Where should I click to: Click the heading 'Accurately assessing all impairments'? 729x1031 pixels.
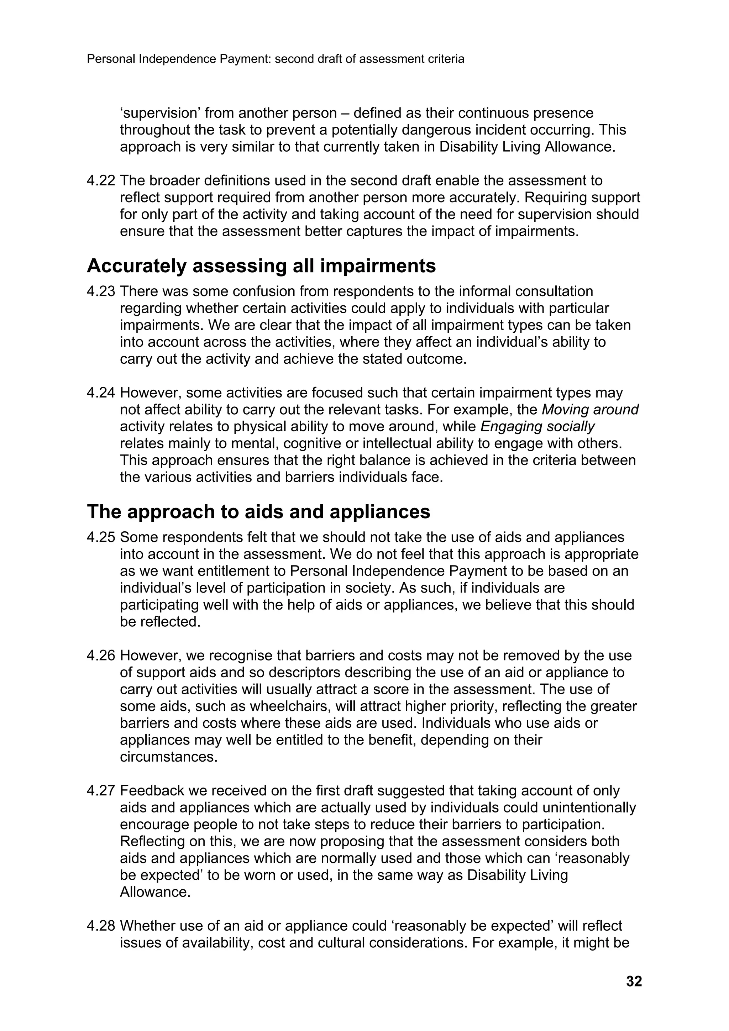click(261, 266)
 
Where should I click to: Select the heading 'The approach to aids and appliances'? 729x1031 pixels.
click(258, 511)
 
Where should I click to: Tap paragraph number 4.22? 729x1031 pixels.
click(101, 180)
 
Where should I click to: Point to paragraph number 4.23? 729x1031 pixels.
click(101, 291)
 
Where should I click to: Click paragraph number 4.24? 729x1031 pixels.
click(101, 393)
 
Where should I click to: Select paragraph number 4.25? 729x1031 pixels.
click(101, 537)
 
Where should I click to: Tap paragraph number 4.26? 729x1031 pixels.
click(101, 656)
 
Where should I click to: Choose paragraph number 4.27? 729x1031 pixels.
click(101, 791)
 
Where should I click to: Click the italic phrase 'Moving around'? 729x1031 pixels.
click(590, 410)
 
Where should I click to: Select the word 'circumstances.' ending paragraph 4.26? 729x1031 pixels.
click(168, 757)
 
